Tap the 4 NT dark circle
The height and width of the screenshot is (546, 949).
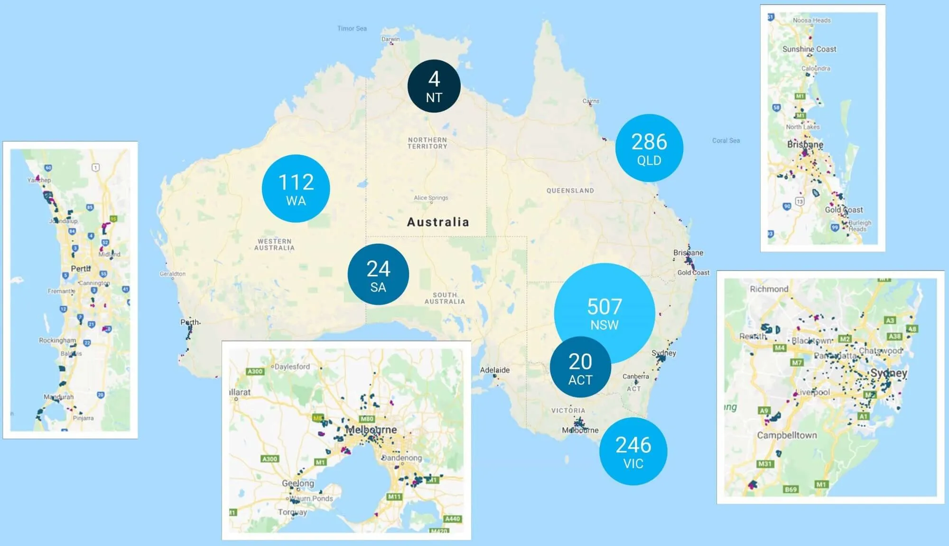pyautogui.click(x=434, y=86)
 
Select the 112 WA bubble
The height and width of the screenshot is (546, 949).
pyautogui.click(x=296, y=188)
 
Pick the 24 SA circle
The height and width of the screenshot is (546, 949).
pyautogui.click(x=378, y=274)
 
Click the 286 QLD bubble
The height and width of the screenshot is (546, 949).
pyautogui.click(x=649, y=148)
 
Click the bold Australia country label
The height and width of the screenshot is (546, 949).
pyautogui.click(x=438, y=222)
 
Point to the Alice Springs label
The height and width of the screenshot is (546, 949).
pyautogui.click(x=431, y=198)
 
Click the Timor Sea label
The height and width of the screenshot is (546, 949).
pyautogui.click(x=352, y=28)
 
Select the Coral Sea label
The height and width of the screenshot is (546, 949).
pyautogui.click(x=726, y=141)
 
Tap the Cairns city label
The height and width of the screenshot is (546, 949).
pyautogui.click(x=591, y=101)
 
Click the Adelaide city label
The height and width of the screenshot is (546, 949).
pyautogui.click(x=494, y=370)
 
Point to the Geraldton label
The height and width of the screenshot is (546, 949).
pyautogui.click(x=172, y=274)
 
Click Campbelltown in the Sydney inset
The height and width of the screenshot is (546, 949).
pyautogui.click(x=787, y=435)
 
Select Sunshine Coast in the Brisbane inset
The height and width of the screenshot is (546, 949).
pyautogui.click(x=809, y=49)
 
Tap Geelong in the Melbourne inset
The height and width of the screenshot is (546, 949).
pyautogui.click(x=298, y=483)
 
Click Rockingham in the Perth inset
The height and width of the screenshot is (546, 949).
pyautogui.click(x=57, y=340)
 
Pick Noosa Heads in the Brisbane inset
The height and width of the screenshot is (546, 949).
pyautogui.click(x=811, y=20)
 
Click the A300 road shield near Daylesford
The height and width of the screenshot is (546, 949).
pyautogui.click(x=255, y=371)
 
